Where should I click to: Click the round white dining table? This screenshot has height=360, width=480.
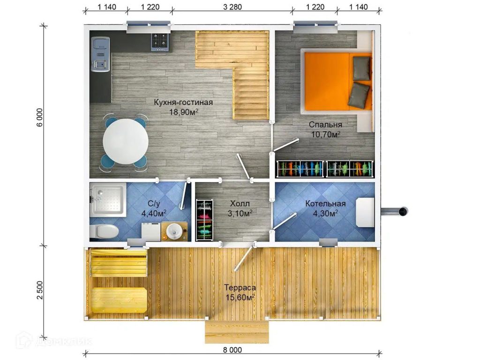126,142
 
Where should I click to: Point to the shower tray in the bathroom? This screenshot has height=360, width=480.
108,200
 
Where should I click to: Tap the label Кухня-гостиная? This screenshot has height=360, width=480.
183,102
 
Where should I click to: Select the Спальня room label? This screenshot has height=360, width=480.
325,125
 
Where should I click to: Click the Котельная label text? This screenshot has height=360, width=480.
325,203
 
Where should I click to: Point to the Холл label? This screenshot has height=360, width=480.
240,203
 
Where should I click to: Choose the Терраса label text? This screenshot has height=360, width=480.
240,288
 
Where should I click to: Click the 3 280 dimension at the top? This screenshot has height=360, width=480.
232,7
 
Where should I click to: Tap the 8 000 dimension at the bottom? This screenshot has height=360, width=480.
232,350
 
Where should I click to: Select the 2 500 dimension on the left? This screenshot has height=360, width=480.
40,290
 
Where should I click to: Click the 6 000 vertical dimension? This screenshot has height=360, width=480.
40,118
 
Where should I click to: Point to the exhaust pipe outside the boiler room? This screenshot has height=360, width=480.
395,211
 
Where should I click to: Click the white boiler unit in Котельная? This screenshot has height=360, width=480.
365,212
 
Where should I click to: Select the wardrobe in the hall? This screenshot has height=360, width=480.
204,220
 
